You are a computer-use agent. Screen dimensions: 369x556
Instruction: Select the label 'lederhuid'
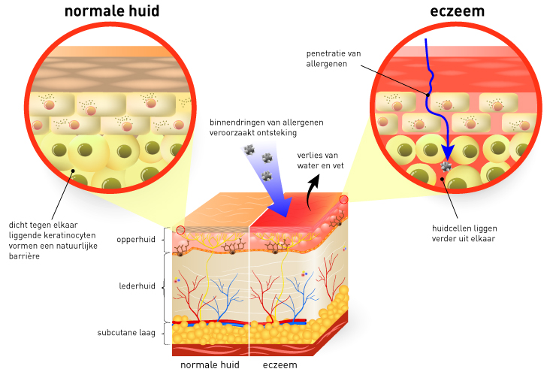point(137,286)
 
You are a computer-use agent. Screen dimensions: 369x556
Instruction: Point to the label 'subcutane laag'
point(125,332)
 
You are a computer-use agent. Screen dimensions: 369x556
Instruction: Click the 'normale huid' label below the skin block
point(210,364)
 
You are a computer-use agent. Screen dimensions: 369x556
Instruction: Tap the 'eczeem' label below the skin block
point(280,364)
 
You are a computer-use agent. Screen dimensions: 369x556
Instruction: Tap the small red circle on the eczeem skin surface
point(344,199)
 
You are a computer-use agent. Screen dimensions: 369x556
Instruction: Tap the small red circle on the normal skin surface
point(180,229)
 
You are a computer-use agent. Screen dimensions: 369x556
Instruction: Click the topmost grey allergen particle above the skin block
point(249,149)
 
